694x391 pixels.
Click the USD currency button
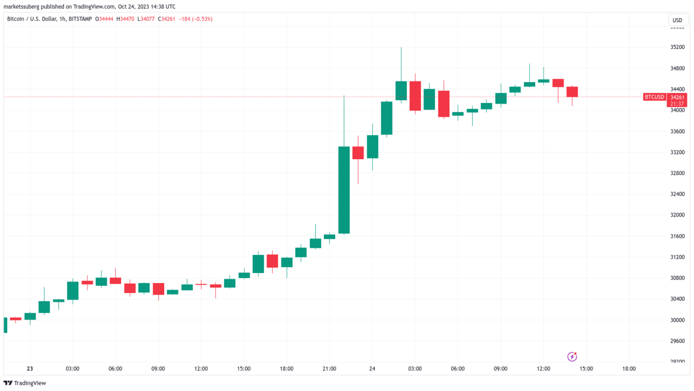click(677, 20)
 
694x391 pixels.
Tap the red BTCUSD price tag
click(654, 97)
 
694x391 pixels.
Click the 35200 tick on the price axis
click(677, 47)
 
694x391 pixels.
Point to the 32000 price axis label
click(677, 215)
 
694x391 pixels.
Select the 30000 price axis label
click(677, 320)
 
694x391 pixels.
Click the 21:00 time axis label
click(329, 369)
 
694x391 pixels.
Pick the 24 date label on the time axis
click(372, 369)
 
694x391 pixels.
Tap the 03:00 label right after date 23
click(73, 369)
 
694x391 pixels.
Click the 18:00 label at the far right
click(629, 369)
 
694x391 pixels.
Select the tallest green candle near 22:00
click(344, 189)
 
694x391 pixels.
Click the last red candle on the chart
click(572, 91)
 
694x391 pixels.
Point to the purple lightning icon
click(572, 357)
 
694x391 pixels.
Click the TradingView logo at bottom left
click(25, 383)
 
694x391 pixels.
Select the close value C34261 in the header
click(166, 19)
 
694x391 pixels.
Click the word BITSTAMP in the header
click(79, 19)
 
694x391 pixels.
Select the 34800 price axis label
click(677, 68)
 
